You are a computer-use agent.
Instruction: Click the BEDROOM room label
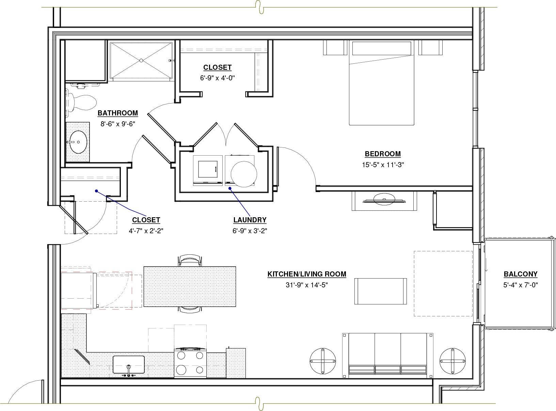383,154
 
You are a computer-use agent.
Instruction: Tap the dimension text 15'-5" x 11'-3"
383,165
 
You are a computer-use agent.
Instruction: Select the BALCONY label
520,274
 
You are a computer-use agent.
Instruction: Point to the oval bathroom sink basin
78,142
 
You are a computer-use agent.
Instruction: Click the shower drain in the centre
141,60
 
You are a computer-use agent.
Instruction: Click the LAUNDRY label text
250,220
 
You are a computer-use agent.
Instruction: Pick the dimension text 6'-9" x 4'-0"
217,78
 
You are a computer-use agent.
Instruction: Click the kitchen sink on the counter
128,365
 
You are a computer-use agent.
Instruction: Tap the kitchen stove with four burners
190,363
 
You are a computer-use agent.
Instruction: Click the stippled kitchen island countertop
190,286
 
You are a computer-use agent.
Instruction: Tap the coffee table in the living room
381,291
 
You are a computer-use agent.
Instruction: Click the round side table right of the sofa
452,361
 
